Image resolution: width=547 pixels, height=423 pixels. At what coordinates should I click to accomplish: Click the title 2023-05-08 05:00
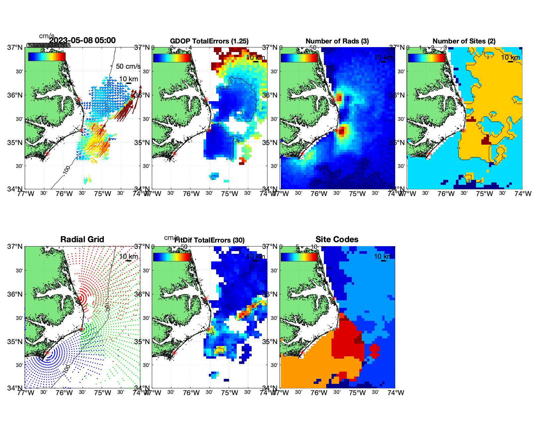coord(82,40)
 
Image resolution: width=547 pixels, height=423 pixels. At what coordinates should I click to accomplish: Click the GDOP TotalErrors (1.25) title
coord(209,41)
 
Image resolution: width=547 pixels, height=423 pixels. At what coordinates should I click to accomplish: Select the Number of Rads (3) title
coord(337,41)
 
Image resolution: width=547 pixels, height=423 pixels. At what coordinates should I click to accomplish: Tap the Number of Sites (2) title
coord(464,41)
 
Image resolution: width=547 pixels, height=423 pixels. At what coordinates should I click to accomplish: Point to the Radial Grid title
coord(82,240)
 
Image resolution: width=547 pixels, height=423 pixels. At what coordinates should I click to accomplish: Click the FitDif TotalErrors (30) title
coord(210,240)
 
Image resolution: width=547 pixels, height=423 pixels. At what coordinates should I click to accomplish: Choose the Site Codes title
coord(337,240)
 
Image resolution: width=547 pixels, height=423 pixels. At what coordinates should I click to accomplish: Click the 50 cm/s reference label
coord(128,66)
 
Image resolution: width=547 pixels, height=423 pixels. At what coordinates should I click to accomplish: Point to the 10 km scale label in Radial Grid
coord(129,256)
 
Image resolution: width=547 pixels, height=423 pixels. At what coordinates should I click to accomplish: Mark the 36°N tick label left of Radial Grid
coord(15,294)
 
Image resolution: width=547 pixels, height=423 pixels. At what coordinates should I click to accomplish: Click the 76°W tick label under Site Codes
coord(319,393)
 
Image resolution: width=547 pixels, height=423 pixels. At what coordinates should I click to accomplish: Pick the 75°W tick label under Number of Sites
coord(484,194)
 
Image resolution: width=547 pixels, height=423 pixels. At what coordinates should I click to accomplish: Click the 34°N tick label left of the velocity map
coord(15,189)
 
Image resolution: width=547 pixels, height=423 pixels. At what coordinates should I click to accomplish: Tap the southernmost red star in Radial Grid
coord(47,353)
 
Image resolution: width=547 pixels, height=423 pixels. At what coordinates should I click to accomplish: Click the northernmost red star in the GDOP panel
coord(206,99)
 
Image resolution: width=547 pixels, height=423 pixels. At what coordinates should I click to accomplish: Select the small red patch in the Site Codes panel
coord(374,351)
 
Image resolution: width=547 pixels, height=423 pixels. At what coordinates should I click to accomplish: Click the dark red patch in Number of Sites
coord(486,140)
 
